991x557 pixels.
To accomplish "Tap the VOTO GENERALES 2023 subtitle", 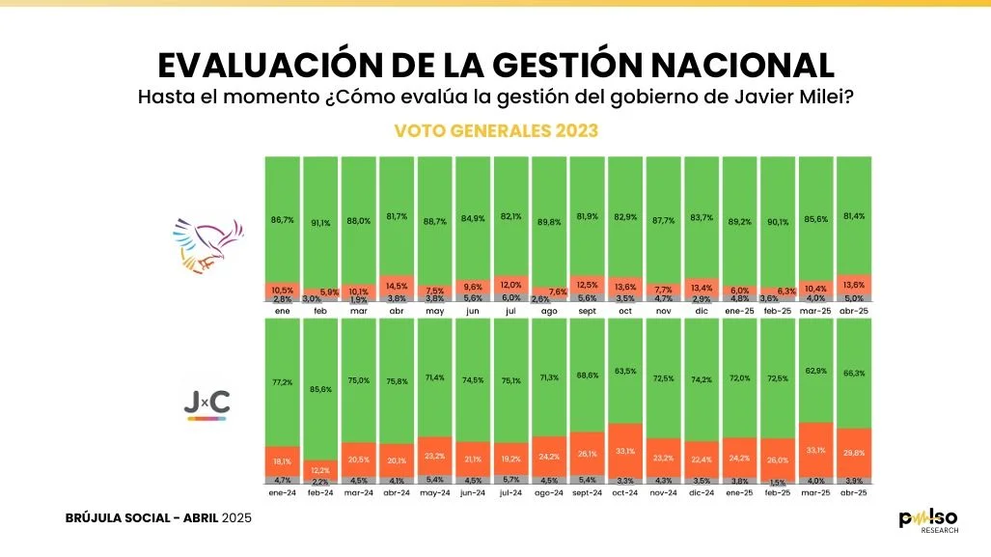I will click(x=496, y=130).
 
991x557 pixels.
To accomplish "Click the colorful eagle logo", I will click(x=206, y=245).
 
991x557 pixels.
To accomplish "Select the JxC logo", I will click(x=206, y=405).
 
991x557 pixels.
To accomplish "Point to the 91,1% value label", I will click(x=321, y=223).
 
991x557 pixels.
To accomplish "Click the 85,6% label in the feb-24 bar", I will click(x=321, y=389).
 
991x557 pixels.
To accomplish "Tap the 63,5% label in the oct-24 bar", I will click(x=625, y=371).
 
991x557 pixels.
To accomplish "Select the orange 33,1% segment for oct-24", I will click(x=625, y=450).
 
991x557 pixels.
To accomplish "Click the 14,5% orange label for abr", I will click(x=398, y=287).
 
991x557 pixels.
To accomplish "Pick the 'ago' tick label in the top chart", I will click(x=550, y=313).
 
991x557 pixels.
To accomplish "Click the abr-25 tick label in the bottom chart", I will click(x=853, y=493).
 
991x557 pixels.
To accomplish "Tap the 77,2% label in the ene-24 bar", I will click(x=284, y=383).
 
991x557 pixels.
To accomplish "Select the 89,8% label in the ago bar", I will click(x=550, y=221).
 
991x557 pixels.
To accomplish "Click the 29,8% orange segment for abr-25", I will click(x=853, y=452).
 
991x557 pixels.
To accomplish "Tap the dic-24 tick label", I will click(x=702, y=493).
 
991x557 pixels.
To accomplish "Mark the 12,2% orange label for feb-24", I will click(x=321, y=469).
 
